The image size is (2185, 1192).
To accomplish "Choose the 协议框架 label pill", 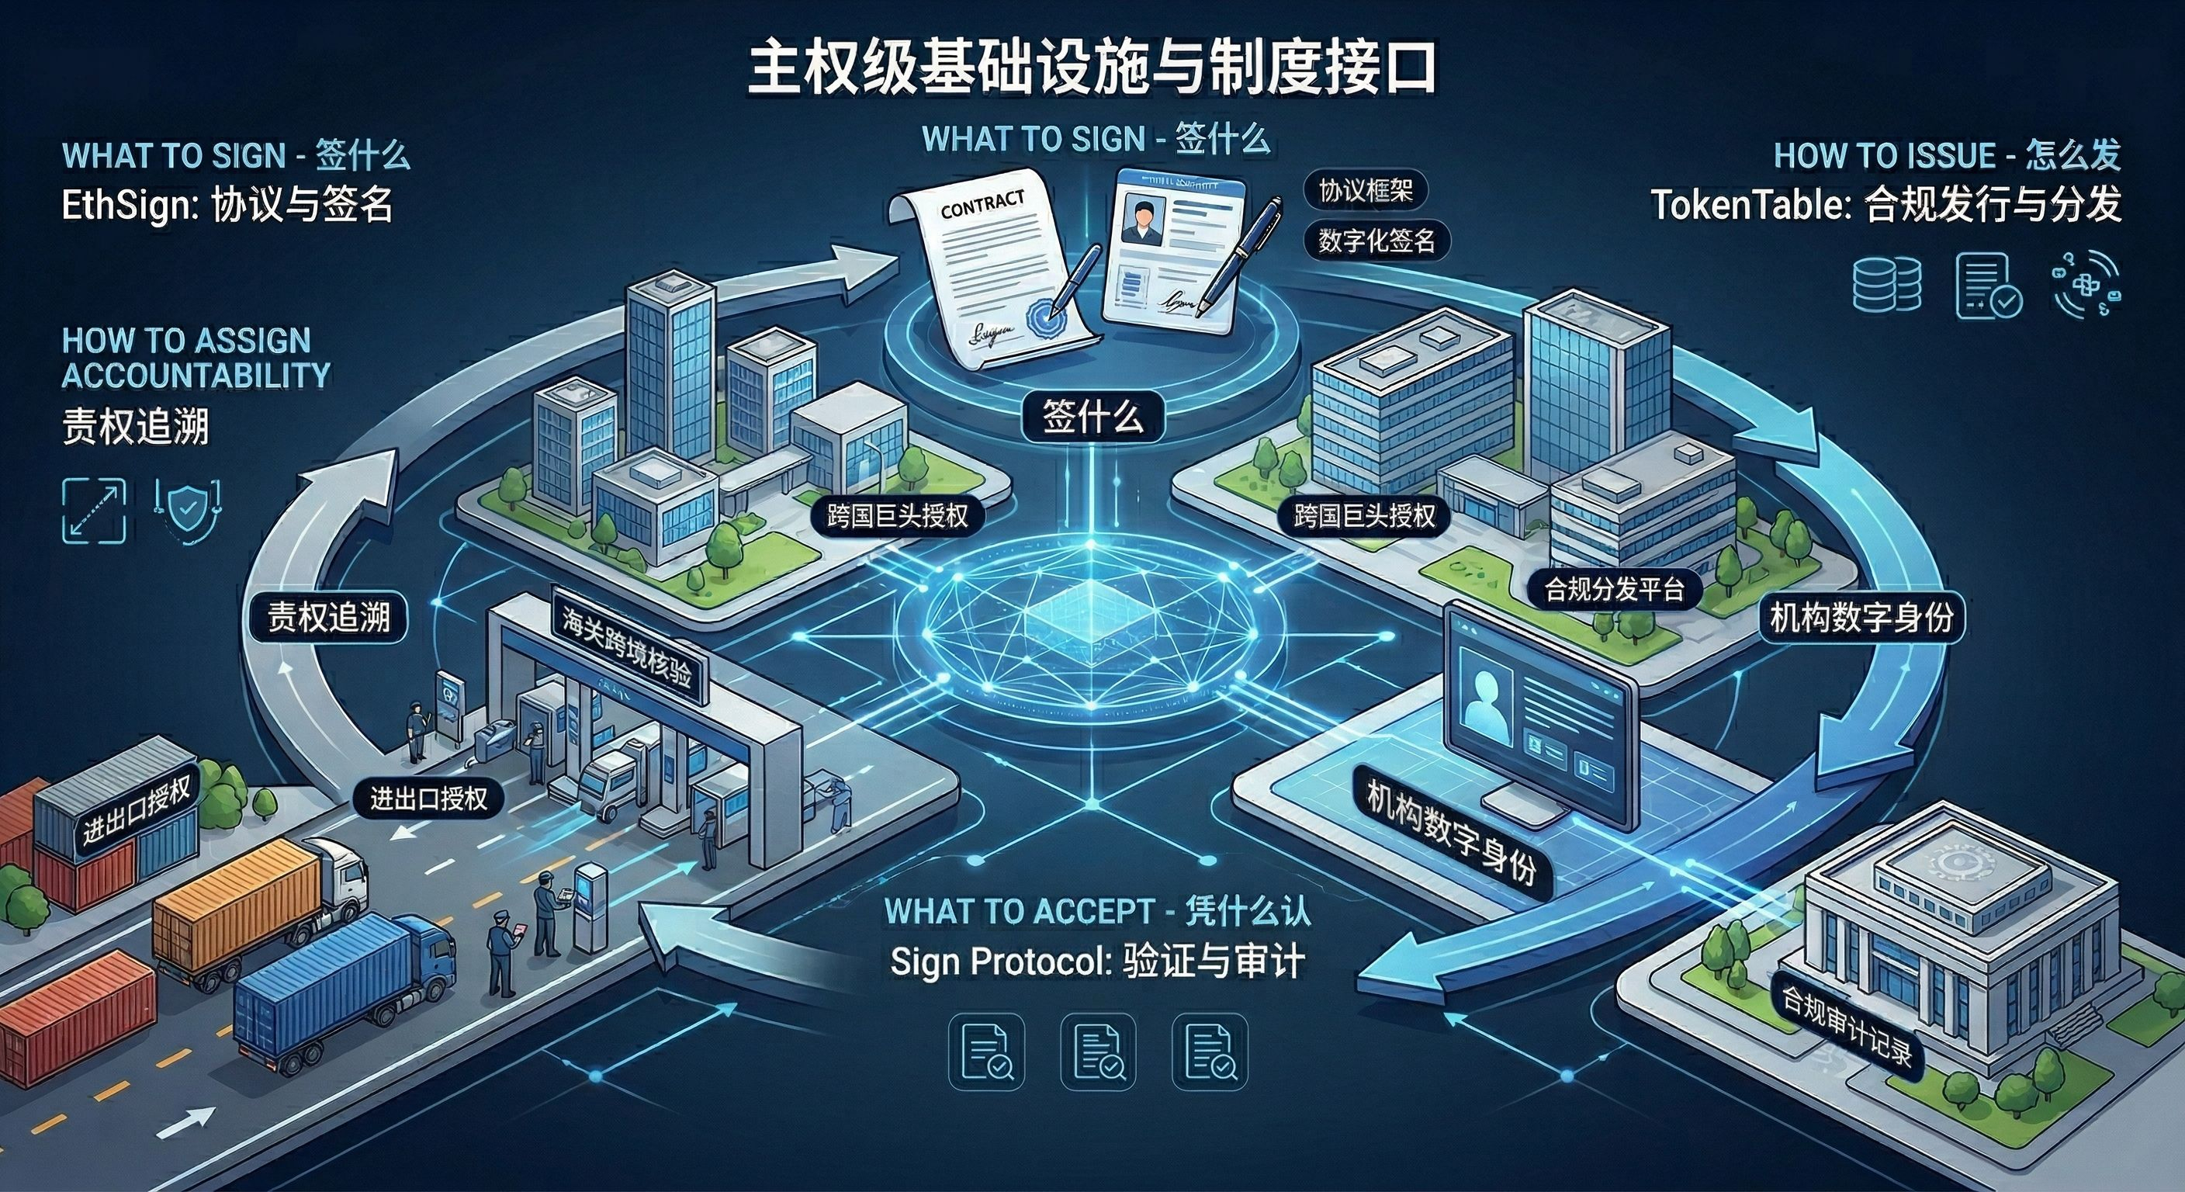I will (1365, 192).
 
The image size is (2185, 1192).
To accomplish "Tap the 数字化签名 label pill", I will (1376, 242).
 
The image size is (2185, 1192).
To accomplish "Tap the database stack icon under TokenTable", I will (1886, 283).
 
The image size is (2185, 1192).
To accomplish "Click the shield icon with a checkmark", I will (188, 509).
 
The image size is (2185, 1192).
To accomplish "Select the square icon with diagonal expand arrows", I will (94, 510).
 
